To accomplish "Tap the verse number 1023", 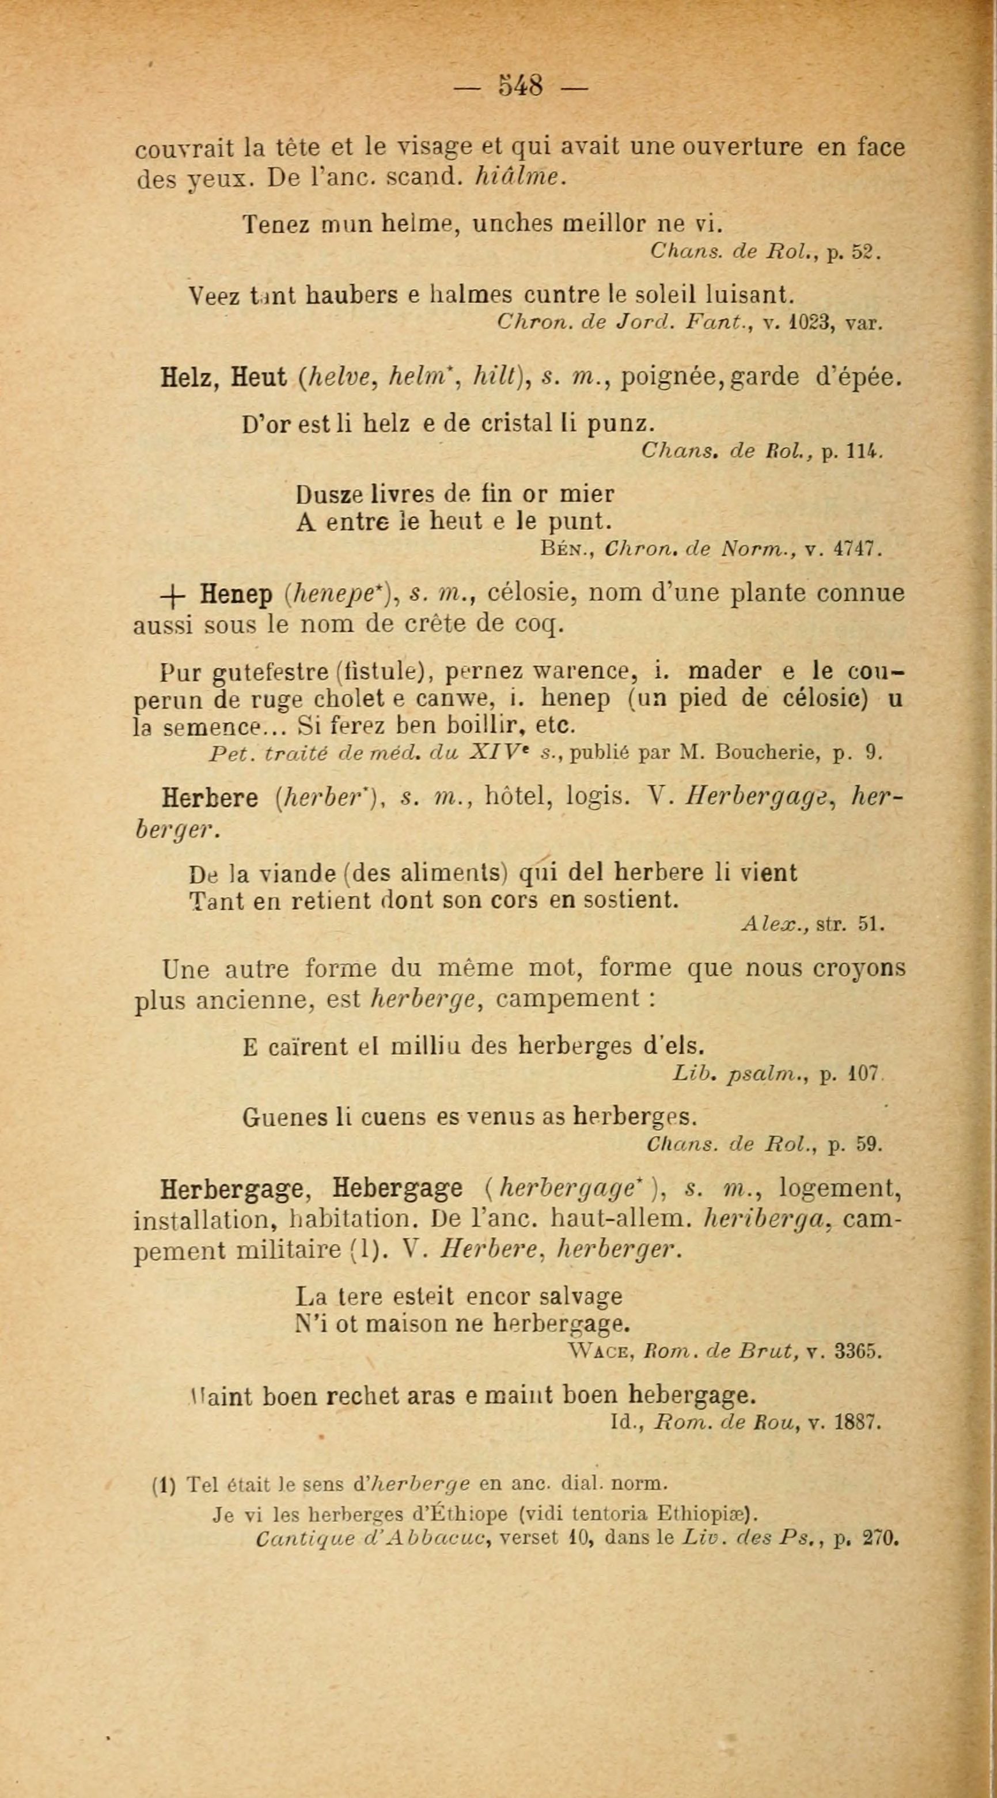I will click(x=813, y=323).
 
